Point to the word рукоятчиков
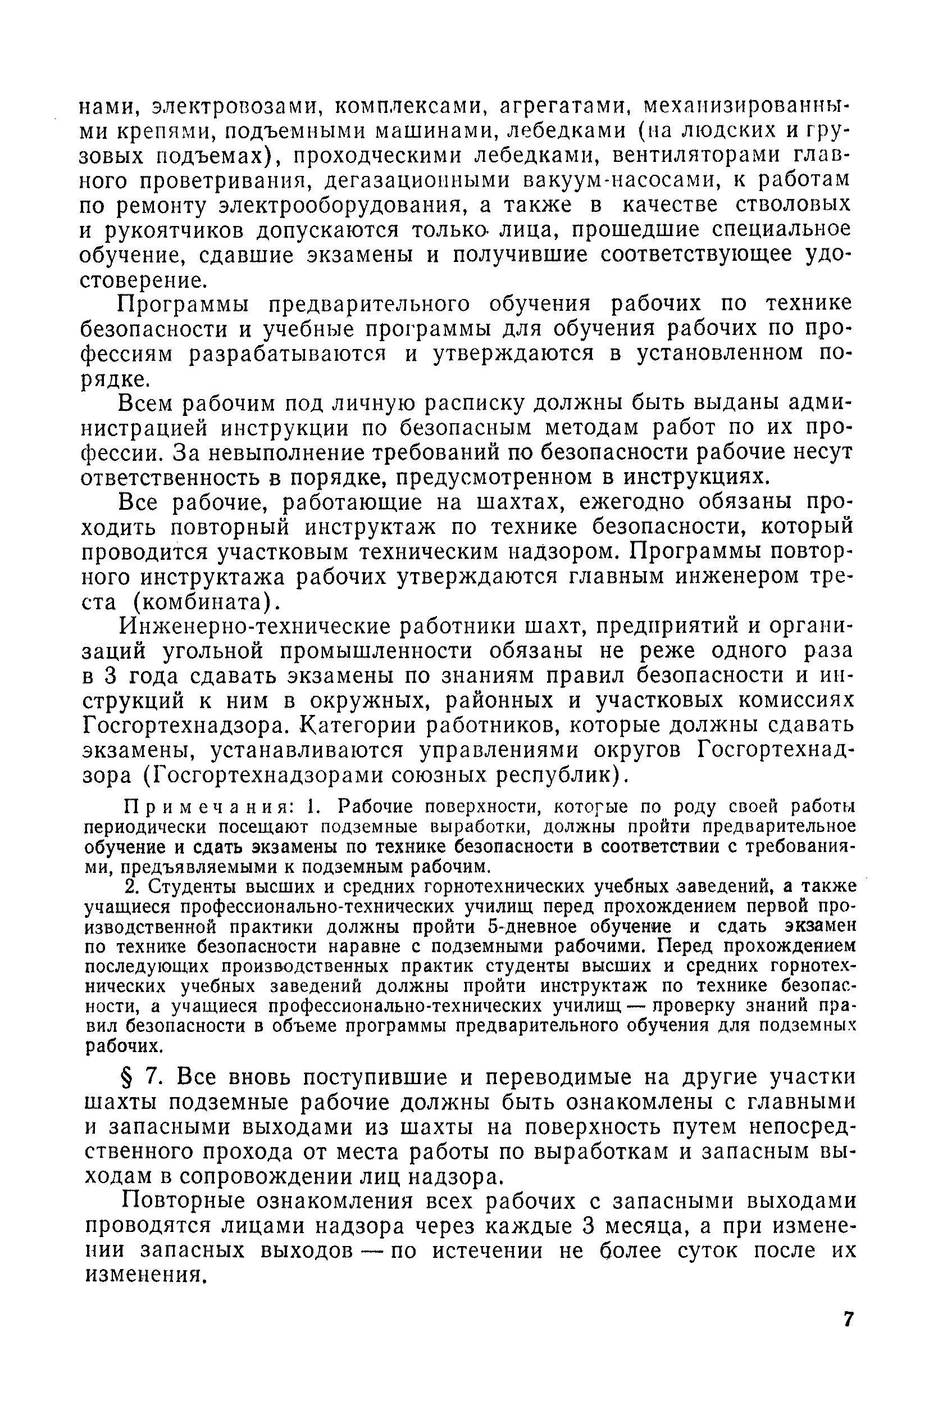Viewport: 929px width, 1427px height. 175,231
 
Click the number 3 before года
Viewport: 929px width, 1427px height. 109,676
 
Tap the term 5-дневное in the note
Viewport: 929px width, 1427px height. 532,926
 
